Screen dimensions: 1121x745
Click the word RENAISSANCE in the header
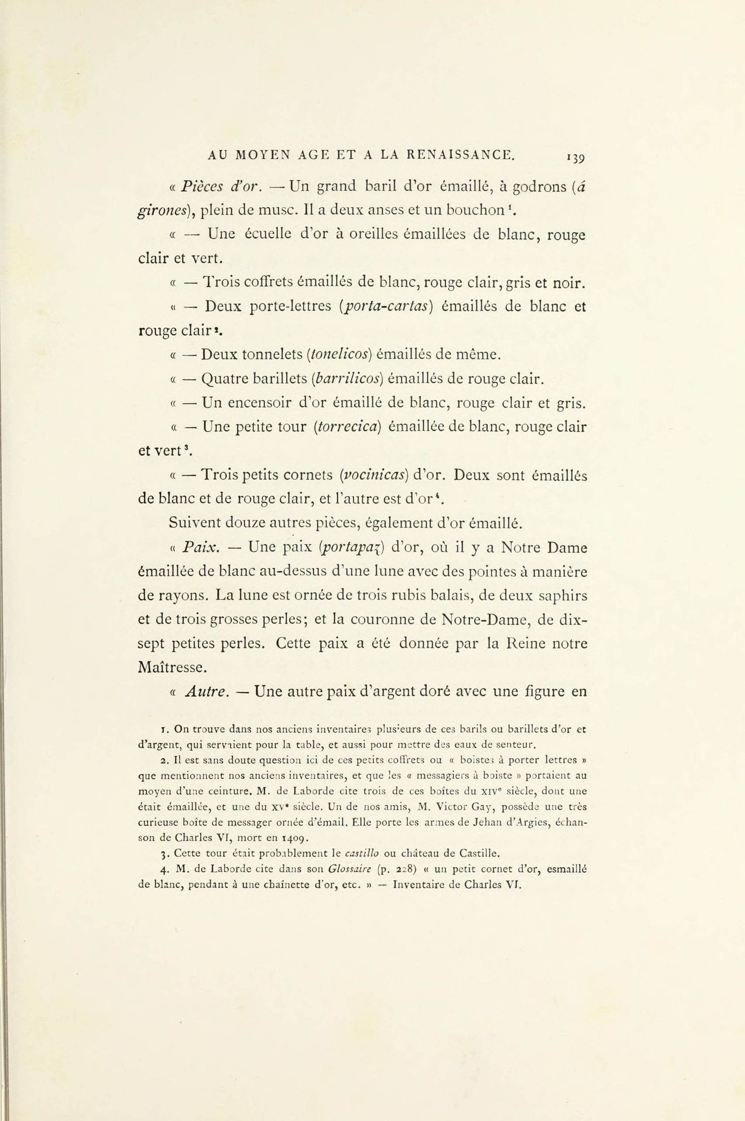pyautogui.click(x=466, y=155)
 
